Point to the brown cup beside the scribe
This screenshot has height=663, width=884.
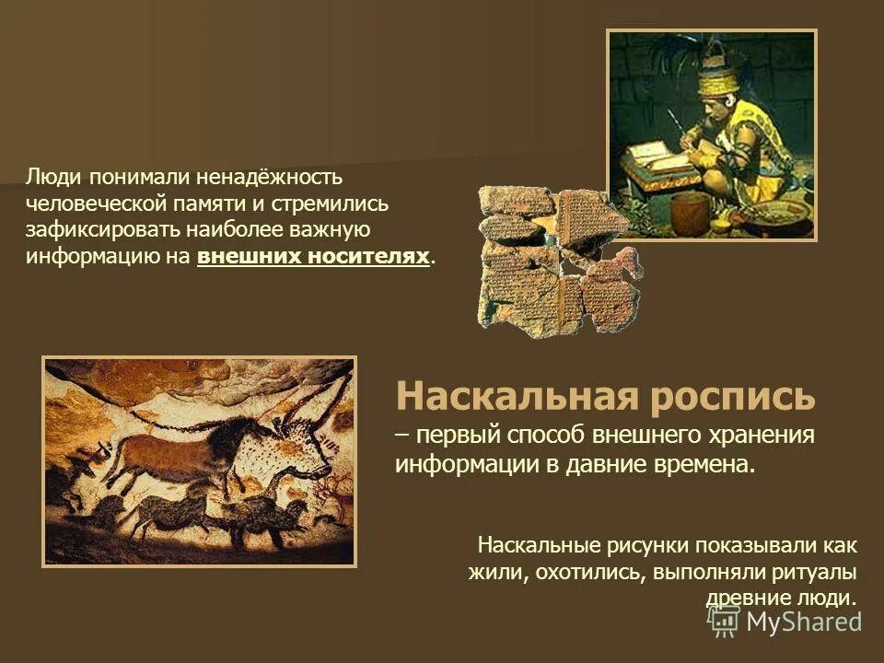[x=688, y=212]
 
